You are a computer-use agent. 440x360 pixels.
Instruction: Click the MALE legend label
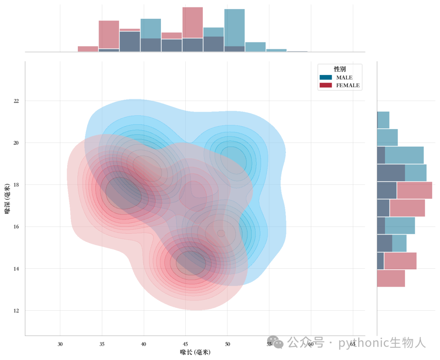(344, 77)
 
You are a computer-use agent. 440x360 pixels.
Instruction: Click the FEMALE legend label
(348, 85)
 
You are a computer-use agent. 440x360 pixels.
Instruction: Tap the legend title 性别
(339, 69)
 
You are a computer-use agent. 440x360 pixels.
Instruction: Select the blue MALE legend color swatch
(326, 77)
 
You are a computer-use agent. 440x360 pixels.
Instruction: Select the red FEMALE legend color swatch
(326, 85)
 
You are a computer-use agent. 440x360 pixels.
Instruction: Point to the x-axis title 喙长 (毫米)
(195, 352)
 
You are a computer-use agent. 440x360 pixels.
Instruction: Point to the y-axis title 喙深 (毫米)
(7, 199)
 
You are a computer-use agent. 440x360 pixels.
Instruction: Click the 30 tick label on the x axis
(60, 344)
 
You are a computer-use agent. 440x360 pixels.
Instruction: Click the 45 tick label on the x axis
(185, 344)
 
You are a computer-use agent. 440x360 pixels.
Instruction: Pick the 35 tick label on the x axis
(102, 344)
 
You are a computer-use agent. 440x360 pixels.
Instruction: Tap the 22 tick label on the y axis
(16, 101)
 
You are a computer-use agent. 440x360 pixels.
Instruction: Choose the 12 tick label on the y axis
(16, 311)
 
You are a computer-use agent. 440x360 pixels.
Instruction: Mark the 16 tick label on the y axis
(16, 227)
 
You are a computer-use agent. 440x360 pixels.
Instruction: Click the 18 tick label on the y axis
(16, 184)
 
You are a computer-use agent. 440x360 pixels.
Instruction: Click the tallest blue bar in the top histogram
(235, 30)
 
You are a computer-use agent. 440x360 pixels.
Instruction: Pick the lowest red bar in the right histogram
(391, 278)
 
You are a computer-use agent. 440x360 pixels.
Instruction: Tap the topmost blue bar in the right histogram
(383, 120)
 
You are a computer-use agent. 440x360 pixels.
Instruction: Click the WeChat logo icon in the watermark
(275, 342)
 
